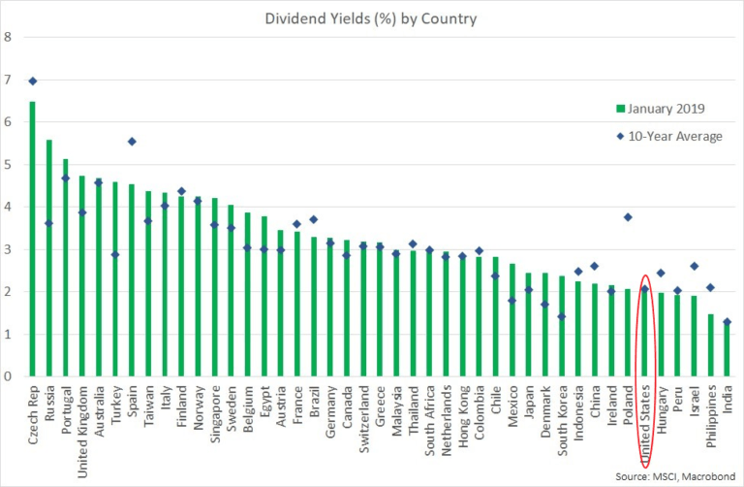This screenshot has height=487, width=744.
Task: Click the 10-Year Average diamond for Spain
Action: pos(132,142)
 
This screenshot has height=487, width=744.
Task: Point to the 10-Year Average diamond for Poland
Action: pos(628,217)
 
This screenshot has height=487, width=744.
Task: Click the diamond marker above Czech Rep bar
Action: pos(32,81)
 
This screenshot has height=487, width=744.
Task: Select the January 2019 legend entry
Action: pos(664,107)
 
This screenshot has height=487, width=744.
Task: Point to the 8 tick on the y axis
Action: pos(9,38)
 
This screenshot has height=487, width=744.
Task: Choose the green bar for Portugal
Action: pos(65,268)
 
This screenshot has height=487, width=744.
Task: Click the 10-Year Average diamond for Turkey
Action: pos(115,255)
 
